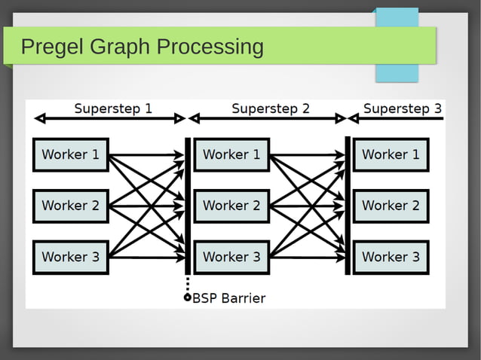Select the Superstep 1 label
113,108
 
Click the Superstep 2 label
270,108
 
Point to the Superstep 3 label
403,108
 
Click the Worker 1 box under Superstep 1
71,155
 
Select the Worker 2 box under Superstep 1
71,206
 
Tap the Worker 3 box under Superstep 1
71,257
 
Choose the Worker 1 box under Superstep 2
231,155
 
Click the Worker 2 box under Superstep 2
231,206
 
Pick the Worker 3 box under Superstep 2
231,257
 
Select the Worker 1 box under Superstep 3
391,155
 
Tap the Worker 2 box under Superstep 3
391,206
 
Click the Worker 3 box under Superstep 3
391,257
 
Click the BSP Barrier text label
229,298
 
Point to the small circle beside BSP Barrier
188,297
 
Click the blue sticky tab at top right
397,45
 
